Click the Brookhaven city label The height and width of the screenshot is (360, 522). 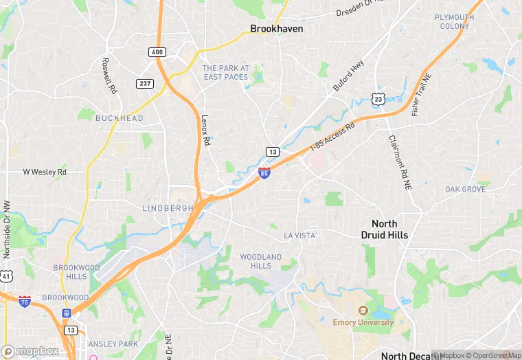277,30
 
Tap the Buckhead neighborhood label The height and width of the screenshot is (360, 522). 120,118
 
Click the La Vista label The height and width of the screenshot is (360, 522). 300,236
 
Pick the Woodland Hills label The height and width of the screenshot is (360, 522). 260,261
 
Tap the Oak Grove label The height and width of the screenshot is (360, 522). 465,189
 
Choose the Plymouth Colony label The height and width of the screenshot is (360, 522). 454,21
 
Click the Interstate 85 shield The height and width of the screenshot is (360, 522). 264,173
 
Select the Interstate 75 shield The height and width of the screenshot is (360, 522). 25,301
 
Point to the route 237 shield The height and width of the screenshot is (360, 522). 145,83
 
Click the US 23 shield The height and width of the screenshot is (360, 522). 378,100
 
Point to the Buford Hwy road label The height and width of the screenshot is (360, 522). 349,75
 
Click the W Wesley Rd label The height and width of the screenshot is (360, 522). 45,172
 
